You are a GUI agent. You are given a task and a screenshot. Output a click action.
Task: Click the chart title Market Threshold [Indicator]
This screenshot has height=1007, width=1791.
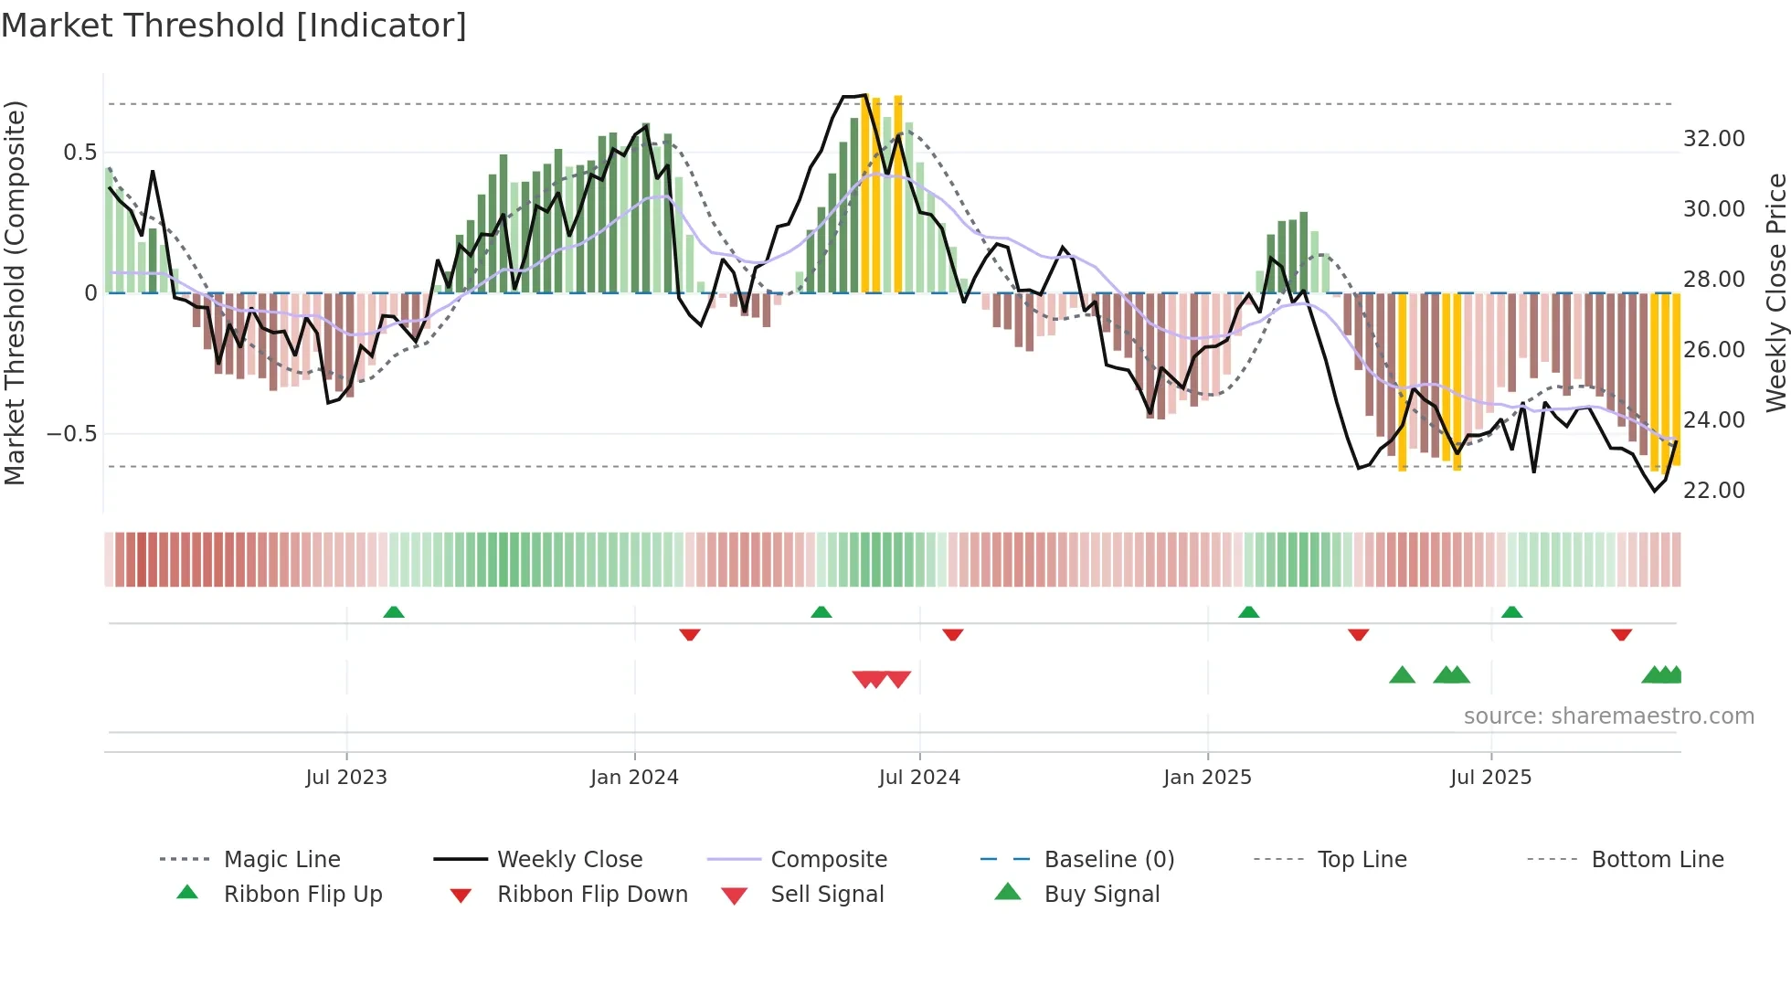(x=234, y=26)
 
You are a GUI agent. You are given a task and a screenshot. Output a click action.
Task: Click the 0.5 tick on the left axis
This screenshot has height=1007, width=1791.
(x=80, y=153)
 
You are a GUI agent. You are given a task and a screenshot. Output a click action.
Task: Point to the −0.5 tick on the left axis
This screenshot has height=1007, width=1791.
(x=72, y=434)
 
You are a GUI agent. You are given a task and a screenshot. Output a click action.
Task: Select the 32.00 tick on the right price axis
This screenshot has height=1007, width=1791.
(x=1713, y=139)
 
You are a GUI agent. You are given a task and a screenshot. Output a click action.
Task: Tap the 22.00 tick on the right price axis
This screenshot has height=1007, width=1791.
(x=1713, y=491)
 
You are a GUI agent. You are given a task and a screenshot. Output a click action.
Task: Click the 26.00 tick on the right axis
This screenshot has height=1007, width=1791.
(x=1713, y=350)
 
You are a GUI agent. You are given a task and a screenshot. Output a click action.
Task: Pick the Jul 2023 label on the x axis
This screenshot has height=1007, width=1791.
(x=346, y=778)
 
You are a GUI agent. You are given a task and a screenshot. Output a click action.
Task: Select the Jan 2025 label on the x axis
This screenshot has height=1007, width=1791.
(x=1207, y=778)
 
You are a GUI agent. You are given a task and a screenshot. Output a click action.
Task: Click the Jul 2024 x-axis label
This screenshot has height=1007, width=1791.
(x=919, y=778)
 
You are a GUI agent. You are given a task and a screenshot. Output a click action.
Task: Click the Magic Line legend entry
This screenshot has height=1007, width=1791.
(x=281, y=860)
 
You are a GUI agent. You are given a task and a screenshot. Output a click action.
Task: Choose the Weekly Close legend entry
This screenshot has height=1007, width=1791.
(x=569, y=860)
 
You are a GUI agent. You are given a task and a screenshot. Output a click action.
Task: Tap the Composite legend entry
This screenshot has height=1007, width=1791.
(x=828, y=860)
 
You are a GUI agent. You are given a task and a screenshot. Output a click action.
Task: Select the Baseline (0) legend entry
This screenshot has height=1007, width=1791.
(x=1108, y=860)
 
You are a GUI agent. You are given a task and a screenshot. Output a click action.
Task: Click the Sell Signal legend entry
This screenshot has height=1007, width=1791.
(x=827, y=895)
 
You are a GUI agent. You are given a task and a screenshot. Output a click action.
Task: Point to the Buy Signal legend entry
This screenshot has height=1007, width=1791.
(x=1101, y=895)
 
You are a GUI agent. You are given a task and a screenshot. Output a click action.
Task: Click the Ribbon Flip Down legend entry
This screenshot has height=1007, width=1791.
(x=592, y=895)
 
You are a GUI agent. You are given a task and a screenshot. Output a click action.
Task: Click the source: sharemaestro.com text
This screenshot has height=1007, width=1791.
(x=1608, y=716)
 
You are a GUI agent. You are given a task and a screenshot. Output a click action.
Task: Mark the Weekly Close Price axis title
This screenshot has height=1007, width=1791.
(x=1775, y=292)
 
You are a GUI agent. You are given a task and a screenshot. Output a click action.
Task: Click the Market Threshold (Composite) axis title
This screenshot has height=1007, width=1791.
(x=15, y=292)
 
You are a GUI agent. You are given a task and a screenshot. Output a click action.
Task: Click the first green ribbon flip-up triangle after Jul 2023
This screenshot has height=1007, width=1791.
(x=394, y=612)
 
